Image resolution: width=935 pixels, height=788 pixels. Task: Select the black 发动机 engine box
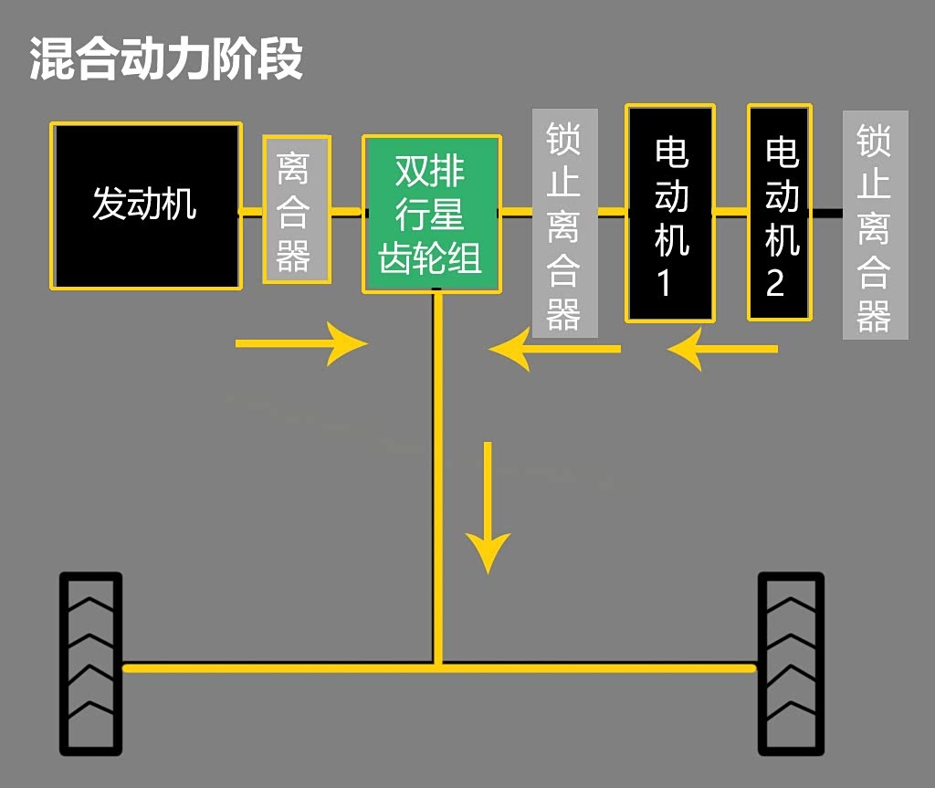coord(146,205)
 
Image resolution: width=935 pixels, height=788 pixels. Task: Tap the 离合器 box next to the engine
coord(296,210)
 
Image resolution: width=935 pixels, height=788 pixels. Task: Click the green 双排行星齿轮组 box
coord(431,215)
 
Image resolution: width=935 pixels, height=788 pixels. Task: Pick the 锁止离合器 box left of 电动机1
coord(564,224)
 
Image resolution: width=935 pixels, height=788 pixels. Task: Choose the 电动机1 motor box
coord(670,214)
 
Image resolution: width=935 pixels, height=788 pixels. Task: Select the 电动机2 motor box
coord(780,213)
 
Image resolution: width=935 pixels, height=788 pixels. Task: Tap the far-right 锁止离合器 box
coord(875,225)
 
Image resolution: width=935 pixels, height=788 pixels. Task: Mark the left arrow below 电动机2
coord(721,349)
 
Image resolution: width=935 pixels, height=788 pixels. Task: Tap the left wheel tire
coord(90,664)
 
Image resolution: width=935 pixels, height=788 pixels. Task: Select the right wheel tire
coord(791,664)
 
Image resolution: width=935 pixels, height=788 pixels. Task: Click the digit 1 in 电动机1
coord(665,284)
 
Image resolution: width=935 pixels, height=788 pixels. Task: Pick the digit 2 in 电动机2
coord(774,283)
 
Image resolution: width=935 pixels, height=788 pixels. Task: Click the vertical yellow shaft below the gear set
coord(438,475)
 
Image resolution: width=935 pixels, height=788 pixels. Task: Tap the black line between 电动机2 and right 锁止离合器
coord(826,213)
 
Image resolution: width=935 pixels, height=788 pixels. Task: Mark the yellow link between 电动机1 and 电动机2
coord(730,213)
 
